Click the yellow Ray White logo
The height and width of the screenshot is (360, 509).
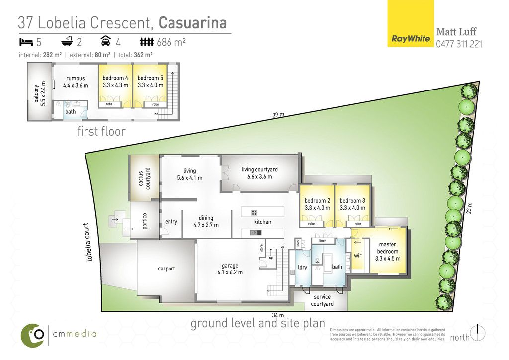(411, 23)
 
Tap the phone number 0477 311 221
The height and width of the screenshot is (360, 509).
(459, 44)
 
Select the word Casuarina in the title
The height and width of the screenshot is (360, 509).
(192, 23)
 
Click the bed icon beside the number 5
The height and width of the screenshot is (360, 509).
(26, 42)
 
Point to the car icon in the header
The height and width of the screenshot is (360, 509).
(106, 41)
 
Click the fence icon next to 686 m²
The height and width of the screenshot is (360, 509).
(147, 42)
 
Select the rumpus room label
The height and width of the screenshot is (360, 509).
(76, 82)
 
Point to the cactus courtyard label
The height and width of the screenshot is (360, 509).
(144, 179)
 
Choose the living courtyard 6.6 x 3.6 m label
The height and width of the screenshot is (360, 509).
(259, 173)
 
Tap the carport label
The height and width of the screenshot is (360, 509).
(166, 269)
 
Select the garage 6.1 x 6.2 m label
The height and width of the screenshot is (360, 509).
(230, 269)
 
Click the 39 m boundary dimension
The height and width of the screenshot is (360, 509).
(278, 115)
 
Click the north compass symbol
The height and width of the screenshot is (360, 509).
(478, 333)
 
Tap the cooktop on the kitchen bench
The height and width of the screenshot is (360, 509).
(254, 213)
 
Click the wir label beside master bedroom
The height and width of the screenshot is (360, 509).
(358, 256)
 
